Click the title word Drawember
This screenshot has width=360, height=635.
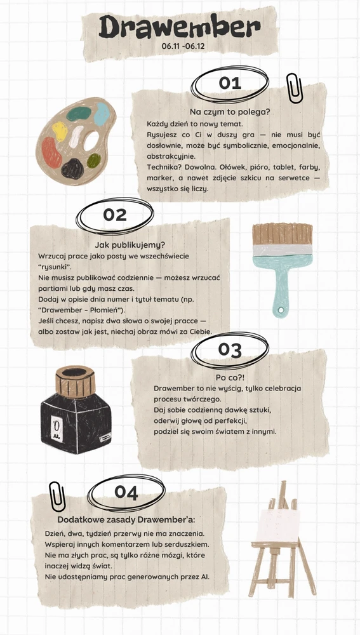click(180, 27)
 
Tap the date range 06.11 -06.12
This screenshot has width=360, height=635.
click(183, 46)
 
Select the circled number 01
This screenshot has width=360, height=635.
click(230, 83)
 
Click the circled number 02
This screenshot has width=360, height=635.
click(114, 215)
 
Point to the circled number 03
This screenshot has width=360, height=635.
click(230, 349)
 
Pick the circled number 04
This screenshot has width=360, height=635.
click(126, 492)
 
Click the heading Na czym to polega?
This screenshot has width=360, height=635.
click(230, 112)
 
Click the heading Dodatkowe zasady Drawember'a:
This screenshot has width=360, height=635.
click(126, 519)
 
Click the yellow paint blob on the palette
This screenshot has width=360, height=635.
click(60, 131)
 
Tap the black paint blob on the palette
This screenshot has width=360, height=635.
click(72, 168)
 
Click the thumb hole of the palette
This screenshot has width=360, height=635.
click(92, 141)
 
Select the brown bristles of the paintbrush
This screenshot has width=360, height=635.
click(283, 234)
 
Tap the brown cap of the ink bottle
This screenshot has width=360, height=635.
click(76, 381)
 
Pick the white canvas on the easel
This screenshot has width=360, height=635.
click(279, 526)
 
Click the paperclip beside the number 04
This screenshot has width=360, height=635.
click(57, 498)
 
